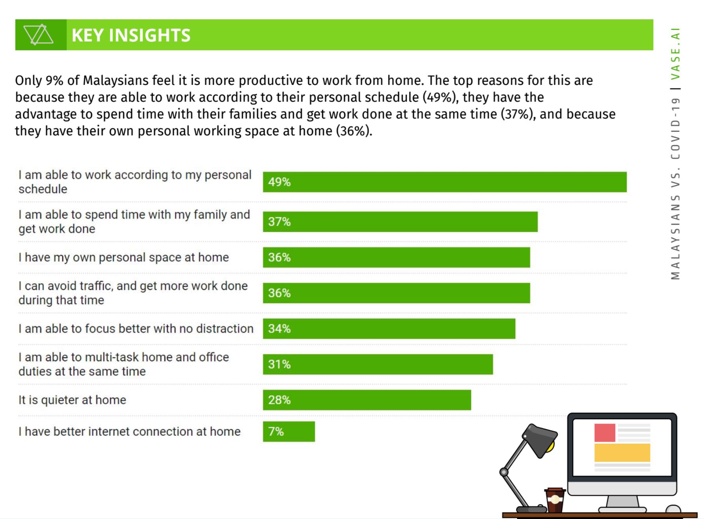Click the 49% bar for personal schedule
[444, 182]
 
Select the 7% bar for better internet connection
[289, 431]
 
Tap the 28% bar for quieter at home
[367, 400]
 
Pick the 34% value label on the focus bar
[279, 329]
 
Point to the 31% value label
[279, 364]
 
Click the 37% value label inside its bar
[279, 222]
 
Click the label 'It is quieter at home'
[72, 400]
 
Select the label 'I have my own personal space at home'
[123, 257]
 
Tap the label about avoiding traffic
[133, 293]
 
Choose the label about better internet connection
[129, 431]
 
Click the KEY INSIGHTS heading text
[131, 35]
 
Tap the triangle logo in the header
[38, 35]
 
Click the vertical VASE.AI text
[676, 54]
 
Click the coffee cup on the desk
[554, 500]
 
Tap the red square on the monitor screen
[605, 432]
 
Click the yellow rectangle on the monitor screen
[622, 452]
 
